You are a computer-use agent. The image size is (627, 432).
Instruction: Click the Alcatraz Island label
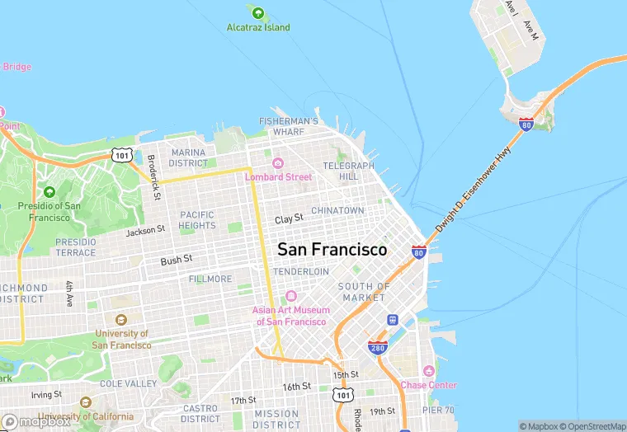click(258, 27)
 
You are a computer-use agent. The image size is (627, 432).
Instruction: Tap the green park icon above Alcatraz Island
click(258, 13)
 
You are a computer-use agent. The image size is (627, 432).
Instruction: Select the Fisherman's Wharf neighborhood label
click(288, 126)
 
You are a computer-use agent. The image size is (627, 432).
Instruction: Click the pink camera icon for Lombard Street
click(278, 163)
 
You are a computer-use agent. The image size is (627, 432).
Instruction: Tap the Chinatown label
click(337, 211)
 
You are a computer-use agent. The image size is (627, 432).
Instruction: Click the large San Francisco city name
click(332, 249)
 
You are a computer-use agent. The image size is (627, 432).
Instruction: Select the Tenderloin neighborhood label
click(301, 271)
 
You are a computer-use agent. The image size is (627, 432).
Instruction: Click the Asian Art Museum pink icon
click(290, 296)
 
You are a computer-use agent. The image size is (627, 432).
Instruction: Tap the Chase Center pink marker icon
click(428, 372)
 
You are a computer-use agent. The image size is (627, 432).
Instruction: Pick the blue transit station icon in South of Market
click(393, 320)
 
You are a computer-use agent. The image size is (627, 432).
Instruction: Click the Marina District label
click(189, 157)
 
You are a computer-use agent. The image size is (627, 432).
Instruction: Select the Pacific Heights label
click(196, 220)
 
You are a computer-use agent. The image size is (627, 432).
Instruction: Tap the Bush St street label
click(177, 259)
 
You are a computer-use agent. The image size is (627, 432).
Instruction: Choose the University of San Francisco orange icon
click(121, 320)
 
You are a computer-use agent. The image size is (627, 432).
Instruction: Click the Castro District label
click(200, 414)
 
